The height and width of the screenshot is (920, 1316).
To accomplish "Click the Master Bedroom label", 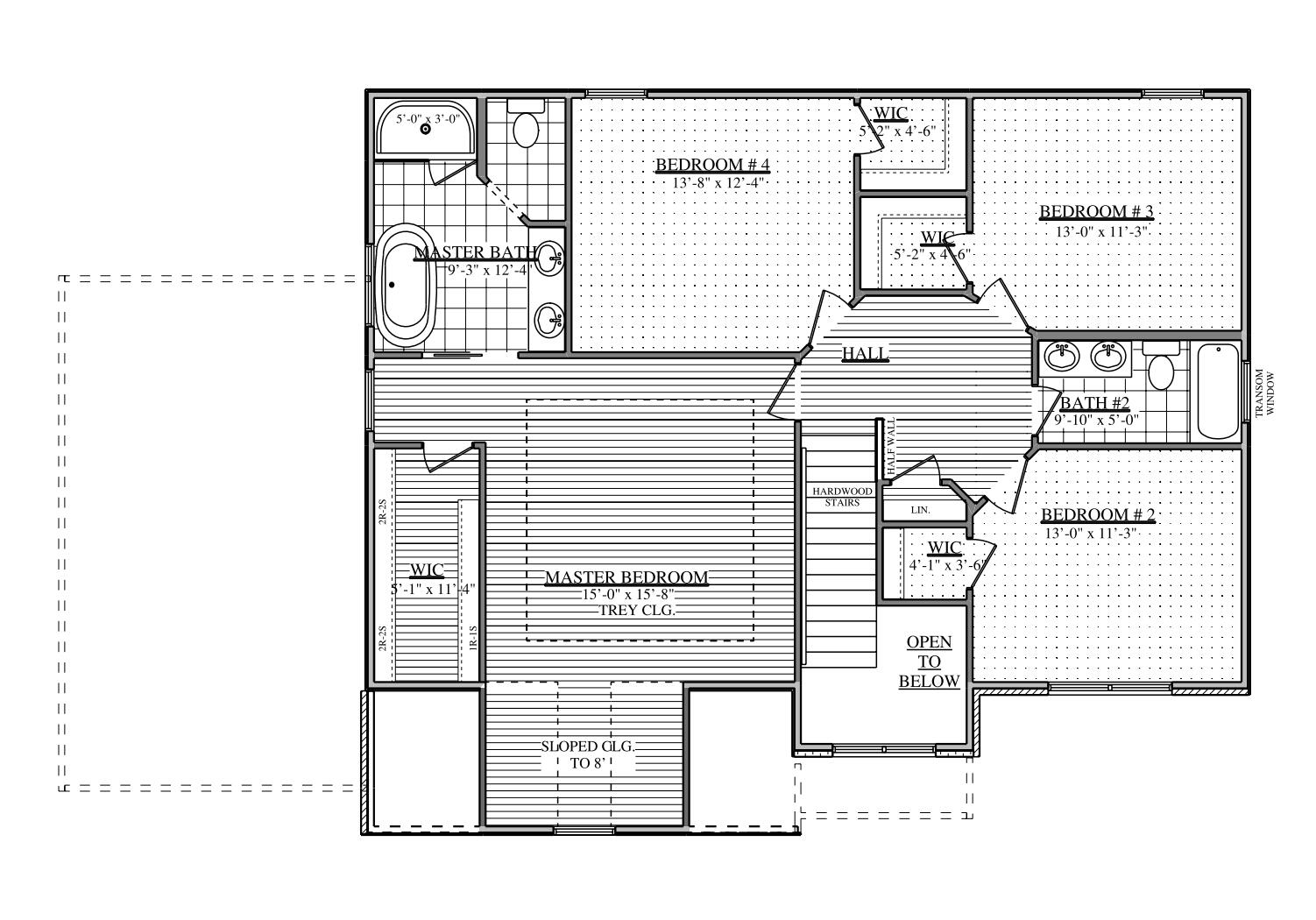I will click(626, 577).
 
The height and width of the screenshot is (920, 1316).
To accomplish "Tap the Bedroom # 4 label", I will click(712, 165).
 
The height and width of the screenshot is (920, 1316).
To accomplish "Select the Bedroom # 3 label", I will click(1096, 211).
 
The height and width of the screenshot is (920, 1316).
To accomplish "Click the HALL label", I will click(865, 354).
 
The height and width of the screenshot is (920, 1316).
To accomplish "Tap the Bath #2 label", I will click(1094, 403).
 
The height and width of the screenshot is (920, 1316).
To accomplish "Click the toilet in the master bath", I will click(526, 129).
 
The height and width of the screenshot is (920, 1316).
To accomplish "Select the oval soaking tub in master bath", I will click(405, 286).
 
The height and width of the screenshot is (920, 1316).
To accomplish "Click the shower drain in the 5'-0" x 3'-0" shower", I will click(426, 129).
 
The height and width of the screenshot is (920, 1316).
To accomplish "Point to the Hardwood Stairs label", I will click(841, 497).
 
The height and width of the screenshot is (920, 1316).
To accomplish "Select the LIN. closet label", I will click(919, 509).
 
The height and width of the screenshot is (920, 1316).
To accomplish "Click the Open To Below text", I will click(929, 662).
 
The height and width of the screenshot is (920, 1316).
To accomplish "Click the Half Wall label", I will click(891, 447).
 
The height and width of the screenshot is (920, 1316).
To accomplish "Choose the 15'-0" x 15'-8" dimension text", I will click(627, 594).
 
